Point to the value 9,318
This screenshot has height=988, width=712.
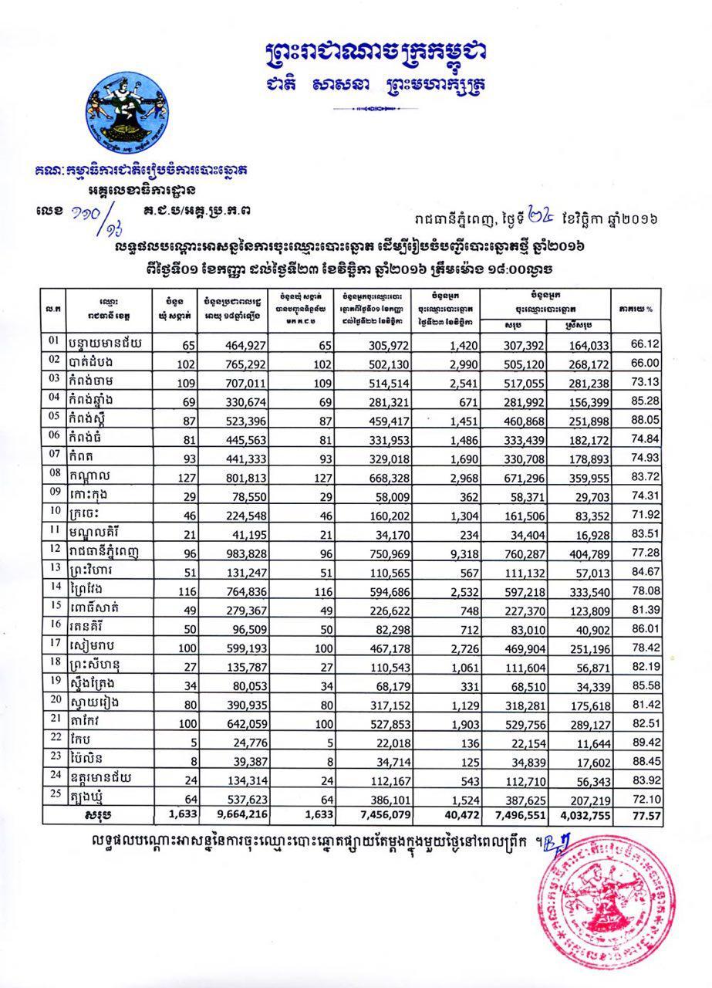448,553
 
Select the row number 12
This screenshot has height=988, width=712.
54,549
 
